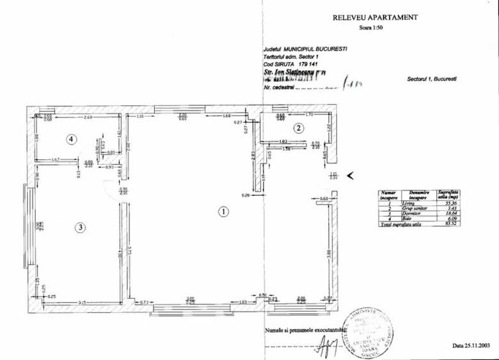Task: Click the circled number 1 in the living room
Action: [223, 210]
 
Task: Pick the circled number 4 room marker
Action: [72, 138]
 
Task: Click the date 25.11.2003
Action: [471, 345]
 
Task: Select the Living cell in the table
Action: [409, 203]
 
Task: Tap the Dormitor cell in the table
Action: [409, 214]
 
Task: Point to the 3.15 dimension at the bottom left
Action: [82, 301]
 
